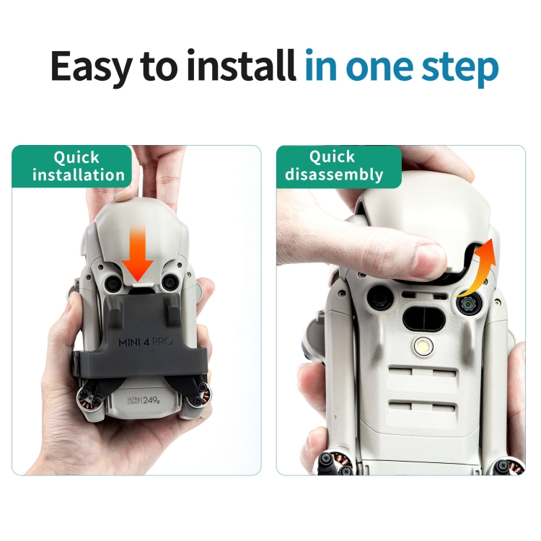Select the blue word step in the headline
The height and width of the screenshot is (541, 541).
[x=460, y=68]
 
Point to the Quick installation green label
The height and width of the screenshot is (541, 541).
[x=71, y=167]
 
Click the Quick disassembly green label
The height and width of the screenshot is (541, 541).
[x=339, y=167]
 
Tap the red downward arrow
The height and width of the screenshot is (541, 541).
[x=138, y=256]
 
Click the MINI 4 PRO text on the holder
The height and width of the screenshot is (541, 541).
[x=145, y=342]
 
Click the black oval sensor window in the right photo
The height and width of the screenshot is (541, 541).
[x=424, y=317]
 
